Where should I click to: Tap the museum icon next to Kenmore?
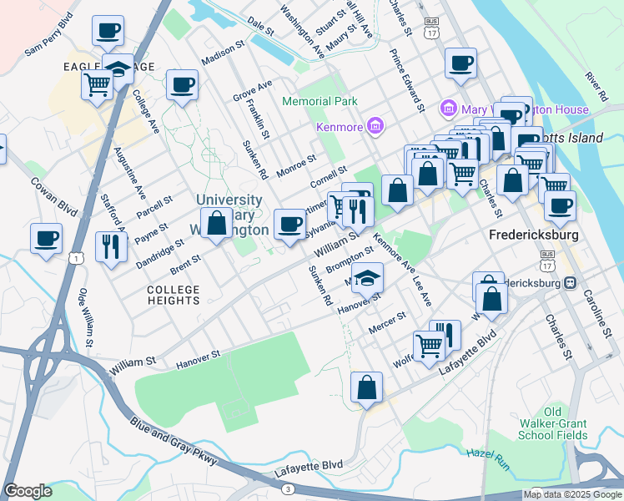coord(375,126)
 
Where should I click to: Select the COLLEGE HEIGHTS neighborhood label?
coord(174,296)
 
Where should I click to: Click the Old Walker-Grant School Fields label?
coord(553,423)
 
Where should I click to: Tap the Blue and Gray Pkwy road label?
coord(174,442)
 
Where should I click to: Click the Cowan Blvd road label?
coord(54,191)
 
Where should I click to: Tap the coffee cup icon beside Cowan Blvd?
coord(46,237)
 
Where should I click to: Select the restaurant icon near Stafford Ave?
coord(111,246)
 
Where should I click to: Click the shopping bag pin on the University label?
coord(216,224)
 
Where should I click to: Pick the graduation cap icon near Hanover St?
coord(366,278)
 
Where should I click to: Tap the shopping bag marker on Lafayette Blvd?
coord(366,387)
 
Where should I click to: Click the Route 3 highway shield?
coord(288,488)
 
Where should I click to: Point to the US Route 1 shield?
coord(77,260)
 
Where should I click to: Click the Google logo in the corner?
coord(28,491)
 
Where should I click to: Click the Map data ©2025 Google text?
coord(571,494)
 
